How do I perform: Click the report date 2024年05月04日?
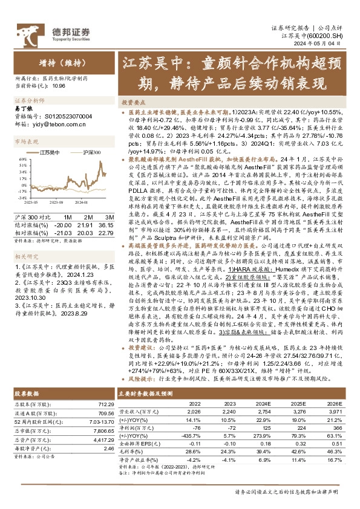pos(327,44)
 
